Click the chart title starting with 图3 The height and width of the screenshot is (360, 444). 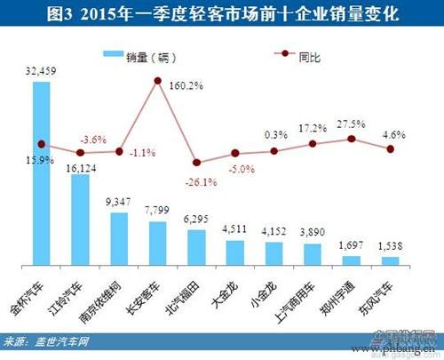[222, 14]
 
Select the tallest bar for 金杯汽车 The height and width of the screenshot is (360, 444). [41, 178]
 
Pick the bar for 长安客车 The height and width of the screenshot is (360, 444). [157, 243]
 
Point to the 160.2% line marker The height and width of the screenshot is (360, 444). [157, 82]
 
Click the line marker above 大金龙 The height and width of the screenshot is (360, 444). [235, 153]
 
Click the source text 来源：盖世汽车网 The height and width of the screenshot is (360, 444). [53, 340]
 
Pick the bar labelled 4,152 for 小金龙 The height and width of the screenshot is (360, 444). [274, 252]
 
